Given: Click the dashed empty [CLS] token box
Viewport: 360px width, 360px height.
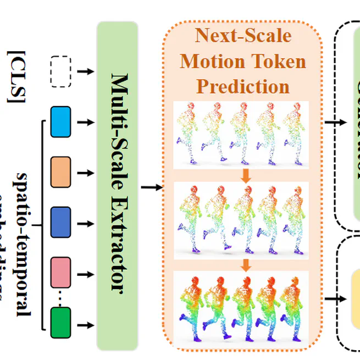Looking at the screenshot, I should point(60,71).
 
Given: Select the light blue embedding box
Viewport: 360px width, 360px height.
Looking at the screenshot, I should point(60,121).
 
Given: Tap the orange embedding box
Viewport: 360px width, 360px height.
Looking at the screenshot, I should point(60,172).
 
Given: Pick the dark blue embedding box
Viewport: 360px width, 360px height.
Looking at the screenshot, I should point(60,223).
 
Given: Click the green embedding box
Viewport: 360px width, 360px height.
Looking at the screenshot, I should point(60,324).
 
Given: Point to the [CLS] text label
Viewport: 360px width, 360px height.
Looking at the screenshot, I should point(16,76).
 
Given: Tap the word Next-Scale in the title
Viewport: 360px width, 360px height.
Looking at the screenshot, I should point(242,36).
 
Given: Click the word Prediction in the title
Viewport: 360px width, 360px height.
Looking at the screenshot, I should point(242,86).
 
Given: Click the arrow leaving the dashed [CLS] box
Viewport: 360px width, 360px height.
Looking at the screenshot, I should point(85,71).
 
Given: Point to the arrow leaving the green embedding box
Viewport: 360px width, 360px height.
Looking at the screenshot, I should point(85,324).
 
